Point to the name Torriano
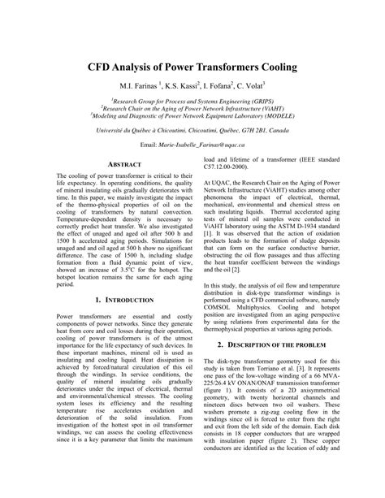[290, 344]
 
